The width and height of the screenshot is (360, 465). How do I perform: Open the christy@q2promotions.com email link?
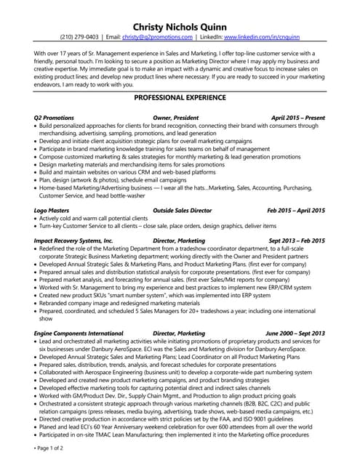point(157,36)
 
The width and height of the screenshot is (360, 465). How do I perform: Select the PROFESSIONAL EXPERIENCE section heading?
point(180,97)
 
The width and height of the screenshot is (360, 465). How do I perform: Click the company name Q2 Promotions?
point(54,117)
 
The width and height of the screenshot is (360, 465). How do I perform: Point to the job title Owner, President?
point(177,117)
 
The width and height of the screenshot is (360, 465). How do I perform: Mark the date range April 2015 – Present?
point(298,117)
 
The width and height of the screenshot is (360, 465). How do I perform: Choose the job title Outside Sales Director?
point(182,210)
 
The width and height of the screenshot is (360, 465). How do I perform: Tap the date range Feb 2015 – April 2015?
point(296,210)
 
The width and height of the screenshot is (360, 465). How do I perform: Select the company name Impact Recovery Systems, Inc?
point(73,240)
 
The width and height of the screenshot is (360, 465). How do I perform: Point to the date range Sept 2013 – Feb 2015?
point(297,240)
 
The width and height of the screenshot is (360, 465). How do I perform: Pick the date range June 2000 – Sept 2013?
point(295,333)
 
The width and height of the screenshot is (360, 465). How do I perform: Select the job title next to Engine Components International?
point(179,333)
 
